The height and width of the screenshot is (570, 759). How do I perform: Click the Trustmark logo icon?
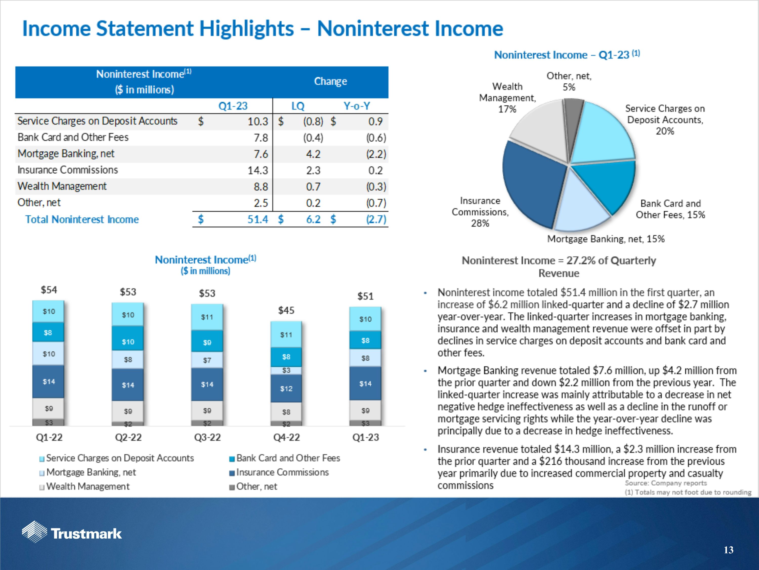34,531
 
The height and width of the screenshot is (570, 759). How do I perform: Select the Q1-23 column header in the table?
233,106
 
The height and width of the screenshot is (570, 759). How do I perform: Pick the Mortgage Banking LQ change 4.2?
313,154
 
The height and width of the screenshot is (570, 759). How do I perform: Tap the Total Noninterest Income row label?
82,219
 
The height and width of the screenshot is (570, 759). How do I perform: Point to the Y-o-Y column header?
357,106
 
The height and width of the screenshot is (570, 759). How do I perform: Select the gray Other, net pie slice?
573,117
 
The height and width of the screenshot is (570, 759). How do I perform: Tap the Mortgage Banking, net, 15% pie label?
606,239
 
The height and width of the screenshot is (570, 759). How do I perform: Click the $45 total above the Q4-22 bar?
286,311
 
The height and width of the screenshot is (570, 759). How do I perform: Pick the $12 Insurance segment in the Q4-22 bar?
286,389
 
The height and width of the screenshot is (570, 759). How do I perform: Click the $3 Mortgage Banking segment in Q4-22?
286,370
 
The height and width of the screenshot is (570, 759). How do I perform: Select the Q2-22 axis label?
128,437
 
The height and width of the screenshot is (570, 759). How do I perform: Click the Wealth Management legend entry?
88,486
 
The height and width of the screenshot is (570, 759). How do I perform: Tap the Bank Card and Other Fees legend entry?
288,458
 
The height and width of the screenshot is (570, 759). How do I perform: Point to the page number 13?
728,550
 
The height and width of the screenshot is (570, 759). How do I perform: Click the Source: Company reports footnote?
666,483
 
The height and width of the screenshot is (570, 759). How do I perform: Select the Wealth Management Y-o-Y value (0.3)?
376,186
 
